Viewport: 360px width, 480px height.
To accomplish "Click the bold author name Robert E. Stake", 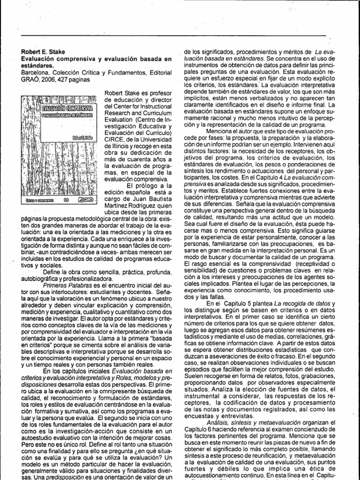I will pos(42,52).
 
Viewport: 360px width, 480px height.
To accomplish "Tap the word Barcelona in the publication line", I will pos(35,73).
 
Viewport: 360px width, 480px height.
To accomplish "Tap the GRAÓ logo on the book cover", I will pos(87,200).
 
